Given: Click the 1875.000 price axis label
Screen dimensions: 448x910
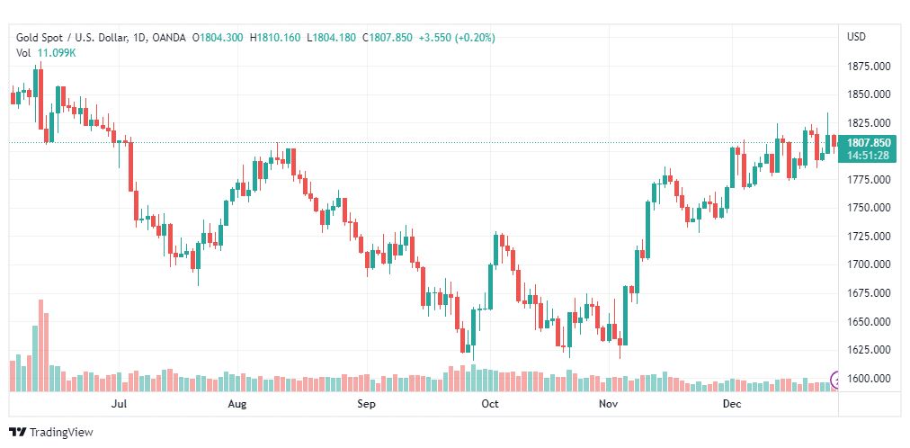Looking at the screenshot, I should point(869,66).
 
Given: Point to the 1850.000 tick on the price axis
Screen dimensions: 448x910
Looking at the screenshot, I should point(869,94).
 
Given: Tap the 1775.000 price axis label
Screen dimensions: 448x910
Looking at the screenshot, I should point(869,180).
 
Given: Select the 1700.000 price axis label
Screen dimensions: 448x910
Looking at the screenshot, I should point(869,264).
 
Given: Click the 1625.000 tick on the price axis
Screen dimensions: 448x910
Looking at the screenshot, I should point(869,350).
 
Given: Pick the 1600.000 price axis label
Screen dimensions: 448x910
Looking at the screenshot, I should point(869,379).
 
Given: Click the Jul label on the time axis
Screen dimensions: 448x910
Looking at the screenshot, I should point(119,405).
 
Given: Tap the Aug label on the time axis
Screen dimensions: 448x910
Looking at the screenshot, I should point(237,405).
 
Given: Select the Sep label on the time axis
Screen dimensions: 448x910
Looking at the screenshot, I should point(366,405).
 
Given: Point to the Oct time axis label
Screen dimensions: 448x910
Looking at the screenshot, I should point(490,405).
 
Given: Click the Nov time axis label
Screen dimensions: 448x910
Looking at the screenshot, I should point(610,405).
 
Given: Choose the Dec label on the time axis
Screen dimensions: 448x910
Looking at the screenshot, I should point(731,405).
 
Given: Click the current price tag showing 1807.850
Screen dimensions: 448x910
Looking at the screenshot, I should point(869,142).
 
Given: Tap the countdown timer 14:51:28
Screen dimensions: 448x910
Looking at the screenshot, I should point(869,155).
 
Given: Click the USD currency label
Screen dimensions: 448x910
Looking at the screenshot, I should point(856,37).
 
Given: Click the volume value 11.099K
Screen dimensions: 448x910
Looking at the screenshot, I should point(57,52).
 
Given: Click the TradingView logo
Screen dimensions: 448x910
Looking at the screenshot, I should point(51,433).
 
